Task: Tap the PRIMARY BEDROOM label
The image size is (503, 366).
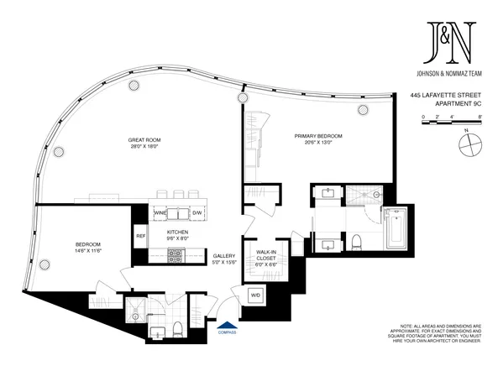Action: point(317,134)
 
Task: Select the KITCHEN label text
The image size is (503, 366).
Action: point(176,231)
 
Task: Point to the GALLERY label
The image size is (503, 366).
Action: point(223,257)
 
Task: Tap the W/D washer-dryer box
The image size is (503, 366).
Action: point(256,295)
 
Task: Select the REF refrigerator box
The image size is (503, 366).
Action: point(141,236)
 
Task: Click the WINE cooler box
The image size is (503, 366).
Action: point(160,214)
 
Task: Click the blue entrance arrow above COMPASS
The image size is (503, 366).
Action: point(224,322)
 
